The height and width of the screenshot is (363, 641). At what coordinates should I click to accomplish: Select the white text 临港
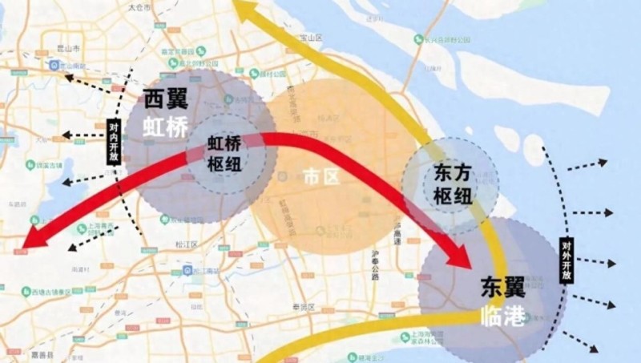point(503,316)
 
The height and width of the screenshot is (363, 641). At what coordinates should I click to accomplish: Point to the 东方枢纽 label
point(442,184)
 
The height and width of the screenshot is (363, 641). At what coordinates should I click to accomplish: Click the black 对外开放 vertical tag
point(566,259)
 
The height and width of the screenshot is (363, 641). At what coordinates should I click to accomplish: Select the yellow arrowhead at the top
point(244,10)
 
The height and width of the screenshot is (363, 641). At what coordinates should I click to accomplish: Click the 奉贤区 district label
point(309,307)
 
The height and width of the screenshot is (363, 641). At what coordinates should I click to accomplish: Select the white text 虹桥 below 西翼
point(166,126)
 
